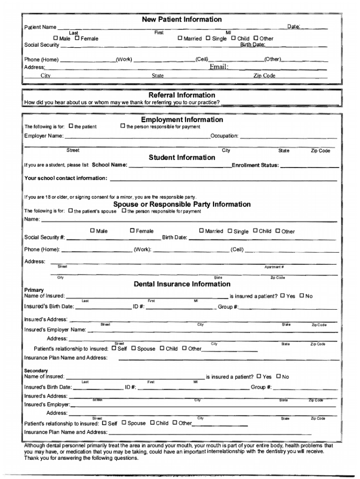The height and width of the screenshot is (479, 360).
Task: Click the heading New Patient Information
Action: pos(182,20)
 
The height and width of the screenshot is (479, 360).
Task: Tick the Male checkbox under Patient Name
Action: pos(56,38)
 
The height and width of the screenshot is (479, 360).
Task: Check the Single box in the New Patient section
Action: pos(208,38)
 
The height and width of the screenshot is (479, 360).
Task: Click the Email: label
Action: pos(218,67)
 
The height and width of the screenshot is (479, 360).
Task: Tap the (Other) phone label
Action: pos(273,59)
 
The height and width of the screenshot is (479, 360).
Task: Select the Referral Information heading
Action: pos(182,95)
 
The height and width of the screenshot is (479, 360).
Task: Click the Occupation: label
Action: pos(224,136)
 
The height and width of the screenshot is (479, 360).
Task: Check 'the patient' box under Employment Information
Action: pos(71,126)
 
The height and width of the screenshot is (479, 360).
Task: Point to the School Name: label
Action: pos(109,165)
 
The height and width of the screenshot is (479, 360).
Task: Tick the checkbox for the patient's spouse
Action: pos(71,211)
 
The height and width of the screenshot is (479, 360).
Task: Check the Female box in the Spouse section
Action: pos(132,231)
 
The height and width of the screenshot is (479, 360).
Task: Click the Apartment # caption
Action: pos(274,267)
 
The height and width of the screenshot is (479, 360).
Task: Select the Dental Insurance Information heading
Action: pos(182,284)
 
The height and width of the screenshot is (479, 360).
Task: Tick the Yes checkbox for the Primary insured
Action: pos(282,296)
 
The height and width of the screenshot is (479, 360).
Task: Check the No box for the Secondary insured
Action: pos(279,376)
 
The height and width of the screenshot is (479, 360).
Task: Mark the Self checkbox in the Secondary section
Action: pos(104,423)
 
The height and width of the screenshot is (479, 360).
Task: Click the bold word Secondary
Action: pos(36,370)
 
